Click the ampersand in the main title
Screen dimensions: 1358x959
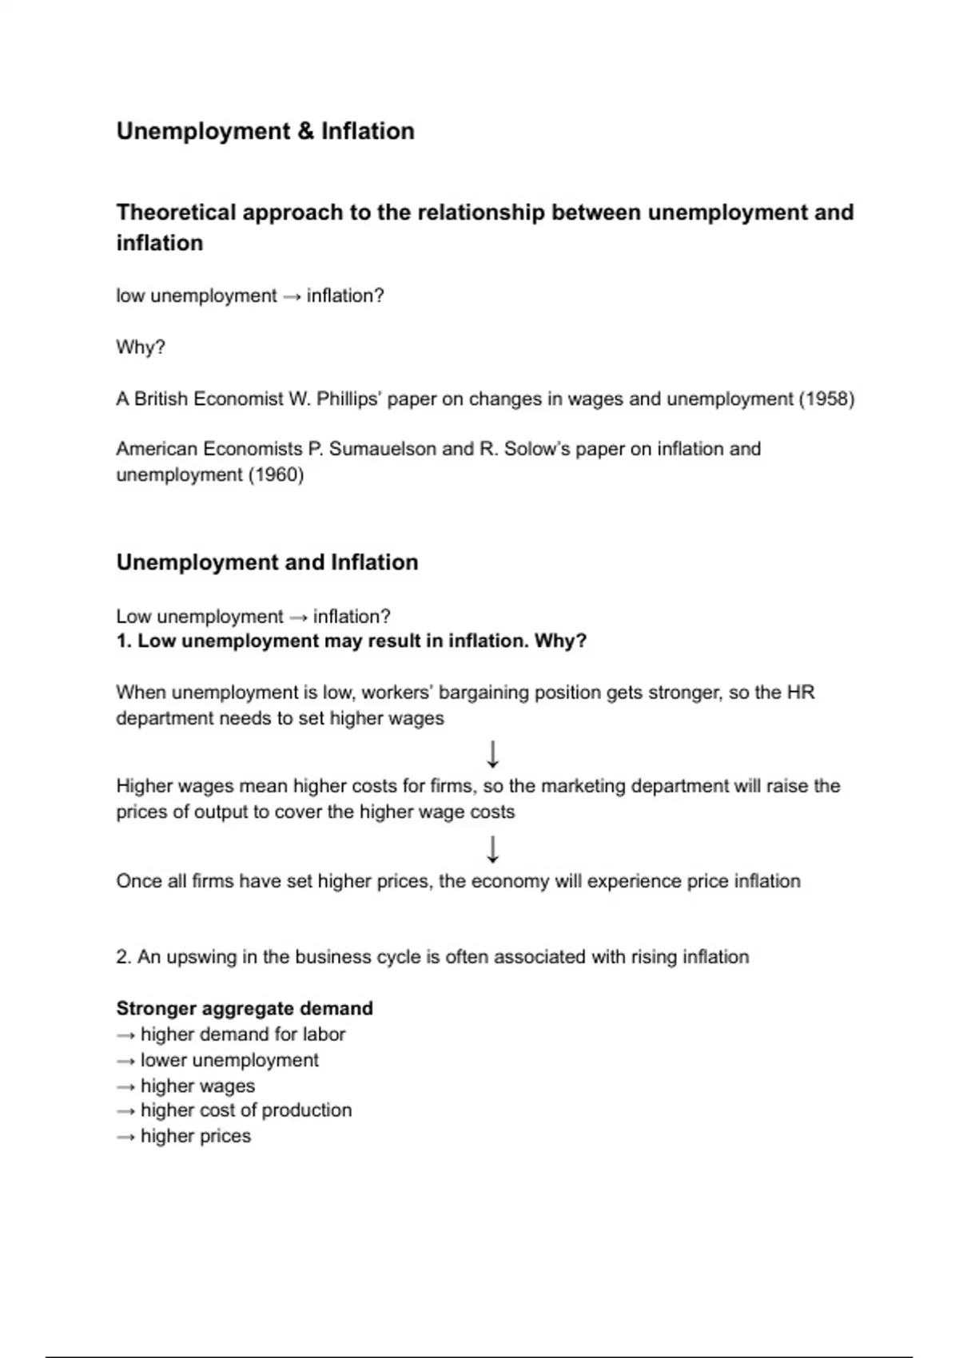pos(305,131)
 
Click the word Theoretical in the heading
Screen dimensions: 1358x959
pos(176,212)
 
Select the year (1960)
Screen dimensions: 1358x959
pos(277,475)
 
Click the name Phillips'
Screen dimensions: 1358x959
pos(348,399)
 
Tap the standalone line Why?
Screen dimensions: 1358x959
pos(141,347)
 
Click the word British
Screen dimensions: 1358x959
pos(164,399)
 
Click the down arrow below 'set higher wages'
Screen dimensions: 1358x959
pos(493,753)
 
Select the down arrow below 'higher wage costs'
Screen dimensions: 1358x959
pos(493,848)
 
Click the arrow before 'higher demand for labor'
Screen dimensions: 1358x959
pos(125,1035)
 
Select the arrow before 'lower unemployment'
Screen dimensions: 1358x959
pos(125,1061)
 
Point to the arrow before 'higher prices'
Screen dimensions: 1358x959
pos(125,1137)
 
